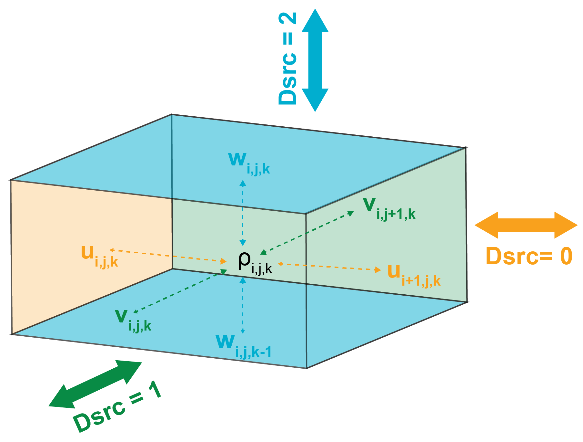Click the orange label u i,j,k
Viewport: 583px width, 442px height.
[x=99, y=257]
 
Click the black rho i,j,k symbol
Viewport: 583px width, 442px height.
[x=255, y=263]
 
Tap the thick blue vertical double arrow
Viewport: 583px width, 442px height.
[x=315, y=60]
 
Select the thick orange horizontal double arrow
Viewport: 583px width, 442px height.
[x=526, y=225]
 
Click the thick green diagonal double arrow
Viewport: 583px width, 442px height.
[x=95, y=384]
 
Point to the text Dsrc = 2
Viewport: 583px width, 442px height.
[x=287, y=58]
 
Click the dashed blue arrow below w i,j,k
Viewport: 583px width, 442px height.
[x=243, y=213]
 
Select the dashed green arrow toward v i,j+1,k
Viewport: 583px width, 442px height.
[x=307, y=233]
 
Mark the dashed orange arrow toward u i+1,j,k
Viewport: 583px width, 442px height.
[x=329, y=267]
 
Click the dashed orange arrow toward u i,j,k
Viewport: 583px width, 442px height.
[x=168, y=256]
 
